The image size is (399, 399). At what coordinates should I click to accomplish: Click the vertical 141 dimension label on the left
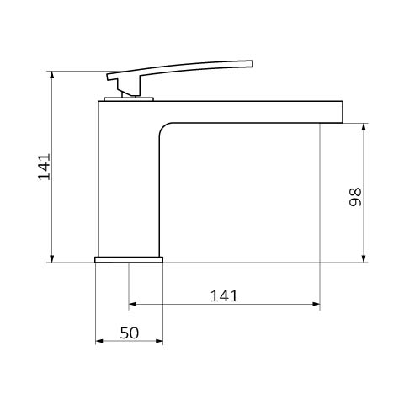tap(45, 167)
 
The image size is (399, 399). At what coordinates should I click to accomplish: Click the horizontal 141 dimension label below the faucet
tap(224, 296)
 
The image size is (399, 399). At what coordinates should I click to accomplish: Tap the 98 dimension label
tap(355, 197)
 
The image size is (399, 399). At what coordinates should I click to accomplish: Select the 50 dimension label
tap(130, 333)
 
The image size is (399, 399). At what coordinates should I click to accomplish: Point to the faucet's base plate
tap(129, 260)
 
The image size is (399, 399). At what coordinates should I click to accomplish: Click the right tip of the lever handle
tap(252, 64)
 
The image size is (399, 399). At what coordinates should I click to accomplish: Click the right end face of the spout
tap(343, 112)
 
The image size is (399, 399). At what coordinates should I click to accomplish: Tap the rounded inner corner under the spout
tap(163, 128)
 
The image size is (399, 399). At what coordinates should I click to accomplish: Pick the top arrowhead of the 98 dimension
tap(364, 127)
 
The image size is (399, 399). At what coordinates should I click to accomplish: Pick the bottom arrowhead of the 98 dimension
tap(364, 258)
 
